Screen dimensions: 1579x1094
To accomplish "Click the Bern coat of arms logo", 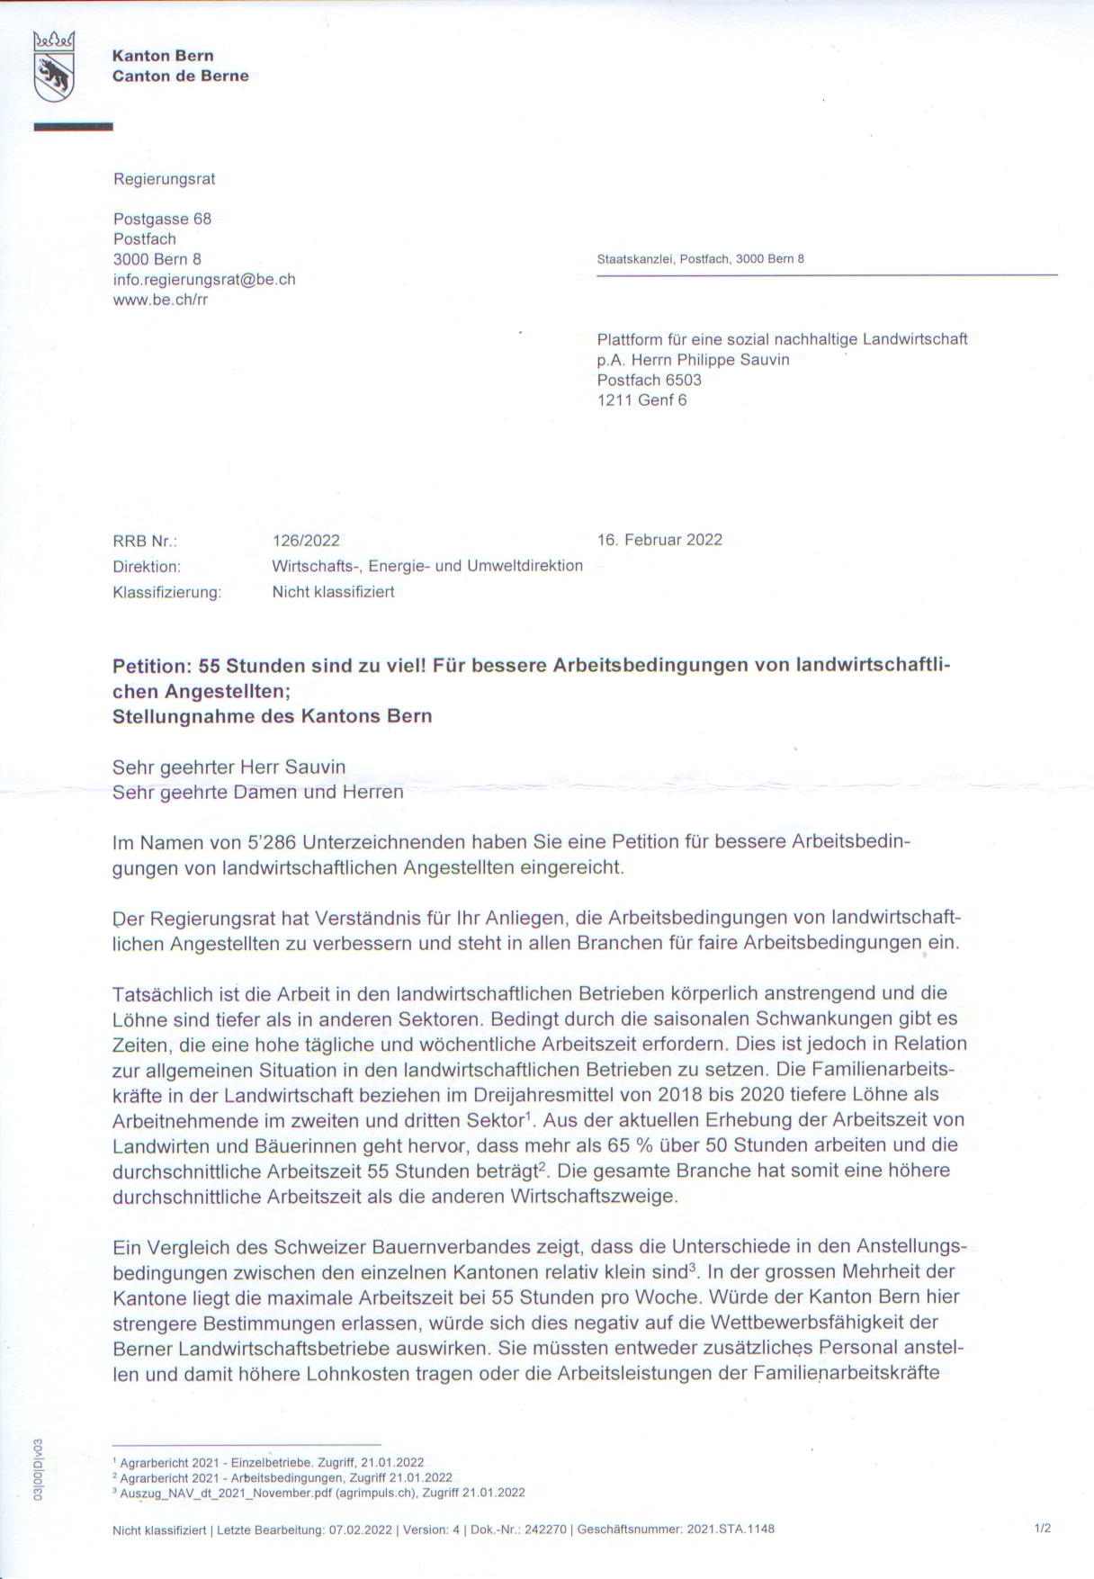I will pyautogui.click(x=53, y=66).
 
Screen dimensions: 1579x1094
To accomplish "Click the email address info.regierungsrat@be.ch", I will pyautogui.click(x=204, y=280).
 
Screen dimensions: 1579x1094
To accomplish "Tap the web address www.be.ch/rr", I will pyautogui.click(x=160, y=300).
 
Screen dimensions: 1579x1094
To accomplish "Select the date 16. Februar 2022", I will pyautogui.click(x=659, y=540).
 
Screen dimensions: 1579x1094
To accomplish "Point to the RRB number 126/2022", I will pyautogui.click(x=306, y=541).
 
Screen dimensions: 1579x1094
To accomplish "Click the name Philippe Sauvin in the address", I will pyautogui.click(x=733, y=360).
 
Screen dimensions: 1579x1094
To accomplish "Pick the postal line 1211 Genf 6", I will pyautogui.click(x=641, y=400).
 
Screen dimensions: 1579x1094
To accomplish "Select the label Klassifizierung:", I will pyautogui.click(x=166, y=592).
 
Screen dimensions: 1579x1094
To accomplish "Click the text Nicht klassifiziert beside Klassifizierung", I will pyautogui.click(x=333, y=592).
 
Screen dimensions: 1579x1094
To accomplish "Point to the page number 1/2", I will pyautogui.click(x=1043, y=1529).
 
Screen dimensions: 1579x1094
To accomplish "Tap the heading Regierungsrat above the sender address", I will pyautogui.click(x=164, y=179).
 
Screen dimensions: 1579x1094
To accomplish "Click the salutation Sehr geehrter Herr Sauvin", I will pyautogui.click(x=229, y=767).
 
